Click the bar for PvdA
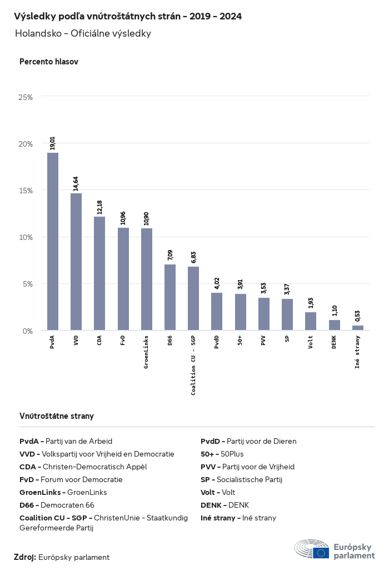[53, 242]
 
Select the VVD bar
[76, 262]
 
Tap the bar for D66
[170, 297]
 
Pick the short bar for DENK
[334, 325]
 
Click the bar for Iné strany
[358, 328]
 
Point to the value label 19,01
[53, 143]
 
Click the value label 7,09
[170, 255]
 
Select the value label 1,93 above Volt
[311, 303]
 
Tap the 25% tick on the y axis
[26, 97]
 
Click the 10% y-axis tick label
[26, 237]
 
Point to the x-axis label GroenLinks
[146, 352]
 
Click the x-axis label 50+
[240, 340]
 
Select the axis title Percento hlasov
[49, 62]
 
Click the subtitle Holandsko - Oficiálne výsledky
[83, 33]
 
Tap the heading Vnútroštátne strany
[57, 415]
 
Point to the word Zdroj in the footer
[24, 557]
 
